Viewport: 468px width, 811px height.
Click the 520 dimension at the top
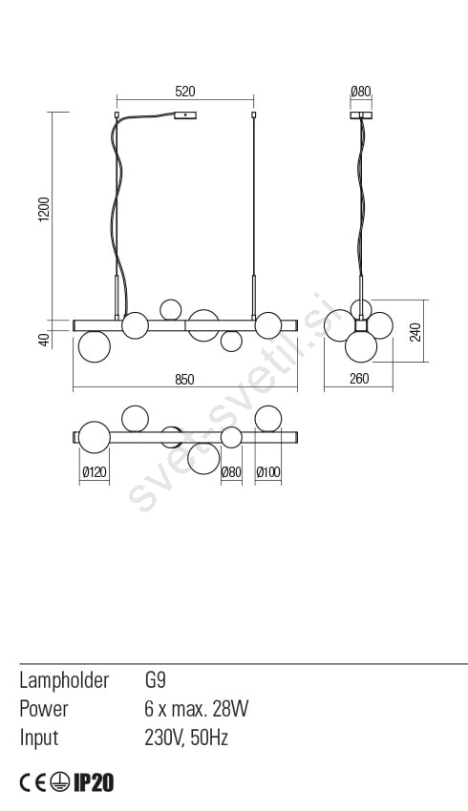point(185,92)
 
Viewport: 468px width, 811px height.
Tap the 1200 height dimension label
point(44,209)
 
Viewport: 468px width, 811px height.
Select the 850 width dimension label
point(184,380)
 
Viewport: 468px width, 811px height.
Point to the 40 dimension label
point(44,340)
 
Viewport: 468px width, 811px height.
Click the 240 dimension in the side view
point(415,331)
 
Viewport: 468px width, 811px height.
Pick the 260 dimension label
point(359,379)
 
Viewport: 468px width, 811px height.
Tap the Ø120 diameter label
point(95,471)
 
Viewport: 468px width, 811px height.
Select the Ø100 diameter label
point(268,471)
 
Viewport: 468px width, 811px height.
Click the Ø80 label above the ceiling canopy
point(361,92)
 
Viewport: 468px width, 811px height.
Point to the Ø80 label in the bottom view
point(231,471)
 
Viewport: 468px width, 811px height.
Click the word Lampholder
point(64,680)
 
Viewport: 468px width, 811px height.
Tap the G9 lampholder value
point(156,679)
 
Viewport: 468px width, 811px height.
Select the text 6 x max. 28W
point(197,709)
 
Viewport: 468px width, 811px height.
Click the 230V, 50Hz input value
point(186,738)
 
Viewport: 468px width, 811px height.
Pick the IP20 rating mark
point(94,783)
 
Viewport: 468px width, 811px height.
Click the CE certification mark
point(33,783)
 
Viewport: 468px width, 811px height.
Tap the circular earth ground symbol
point(60,783)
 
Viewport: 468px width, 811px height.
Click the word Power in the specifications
point(44,709)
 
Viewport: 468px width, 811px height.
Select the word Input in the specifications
point(39,738)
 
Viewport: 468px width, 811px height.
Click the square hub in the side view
point(361,325)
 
